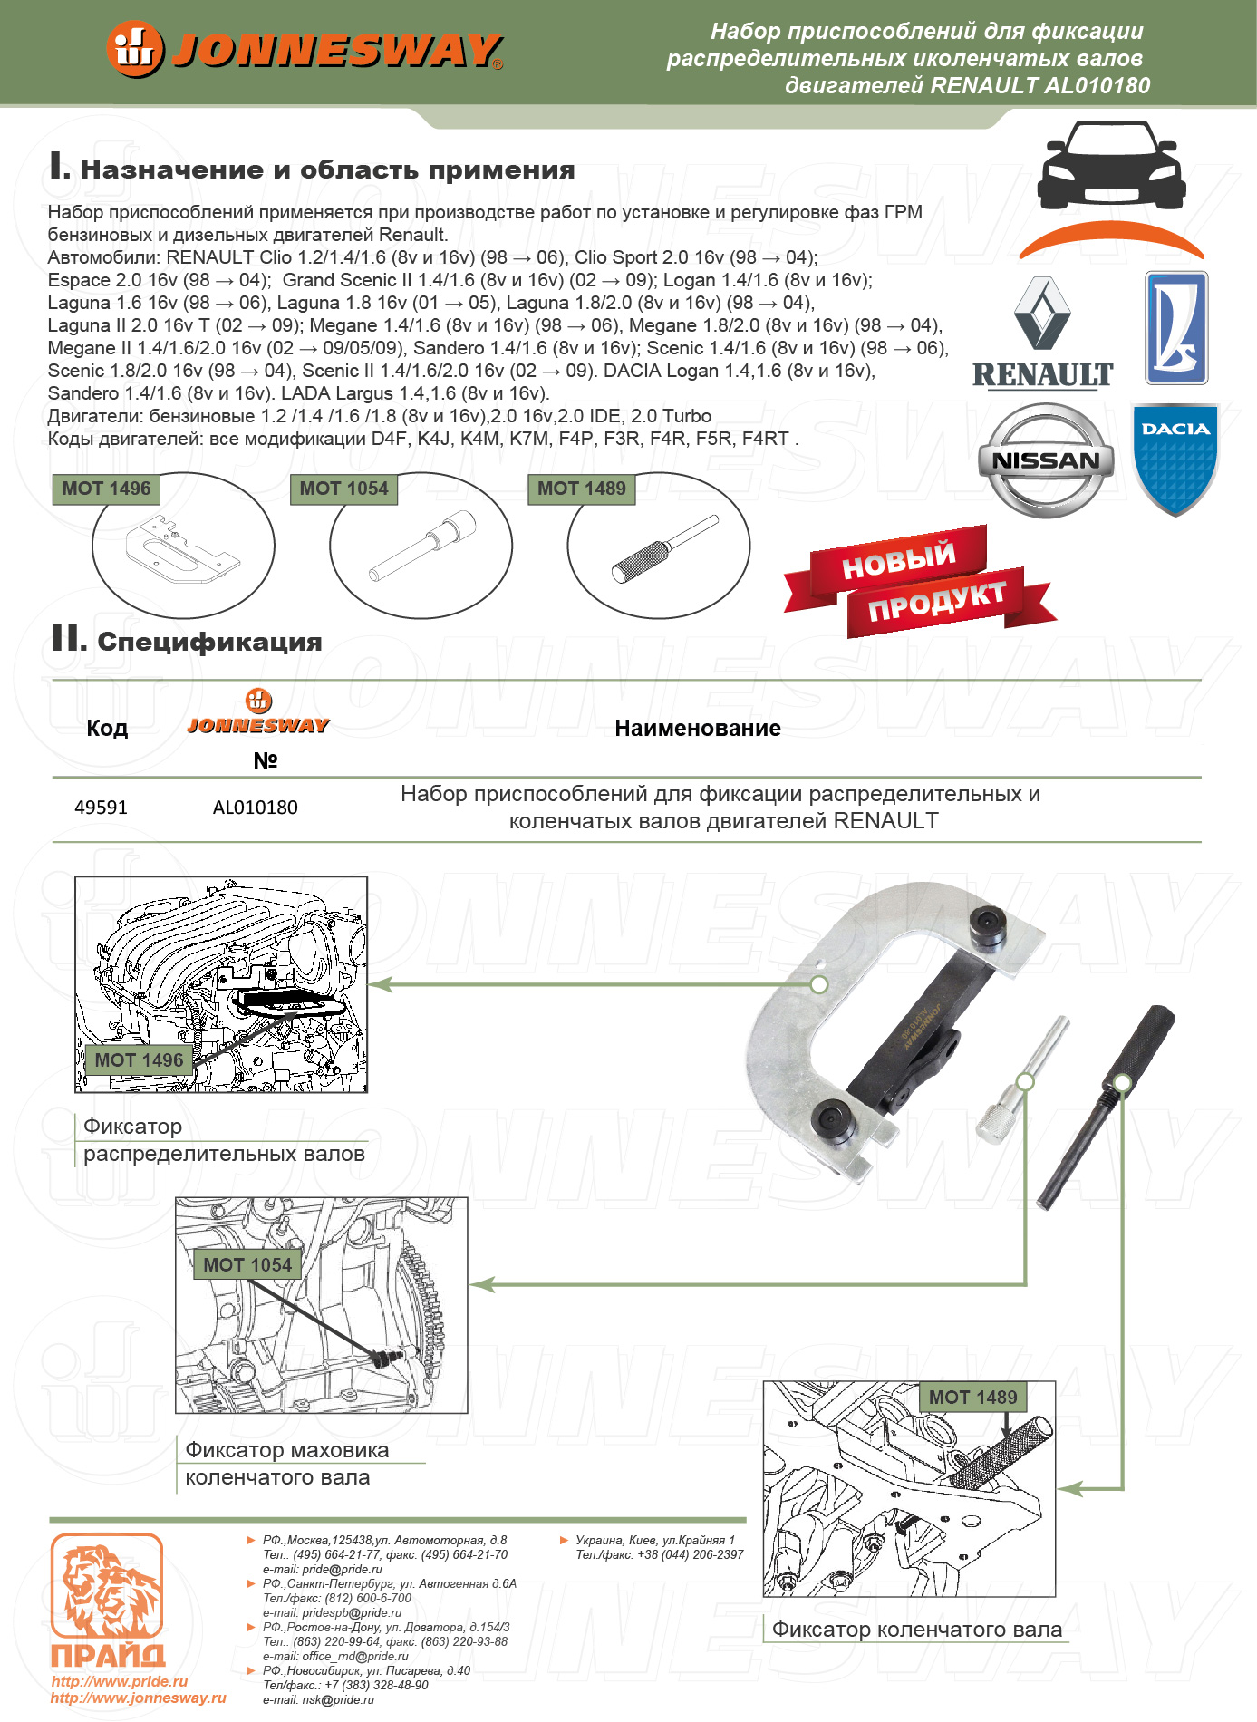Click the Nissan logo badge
(1046, 460)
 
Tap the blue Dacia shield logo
(1175, 459)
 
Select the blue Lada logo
(1175, 327)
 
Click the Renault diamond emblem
(1042, 314)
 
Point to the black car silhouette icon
(1111, 165)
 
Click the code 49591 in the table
(101, 808)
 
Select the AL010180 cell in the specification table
(255, 808)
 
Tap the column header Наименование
(697, 729)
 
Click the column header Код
(107, 729)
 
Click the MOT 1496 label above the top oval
(106, 489)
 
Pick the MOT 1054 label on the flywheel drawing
(247, 1265)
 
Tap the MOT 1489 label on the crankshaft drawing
(972, 1398)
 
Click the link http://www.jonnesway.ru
(138, 1698)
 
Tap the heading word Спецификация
(209, 642)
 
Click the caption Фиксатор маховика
(286, 1450)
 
